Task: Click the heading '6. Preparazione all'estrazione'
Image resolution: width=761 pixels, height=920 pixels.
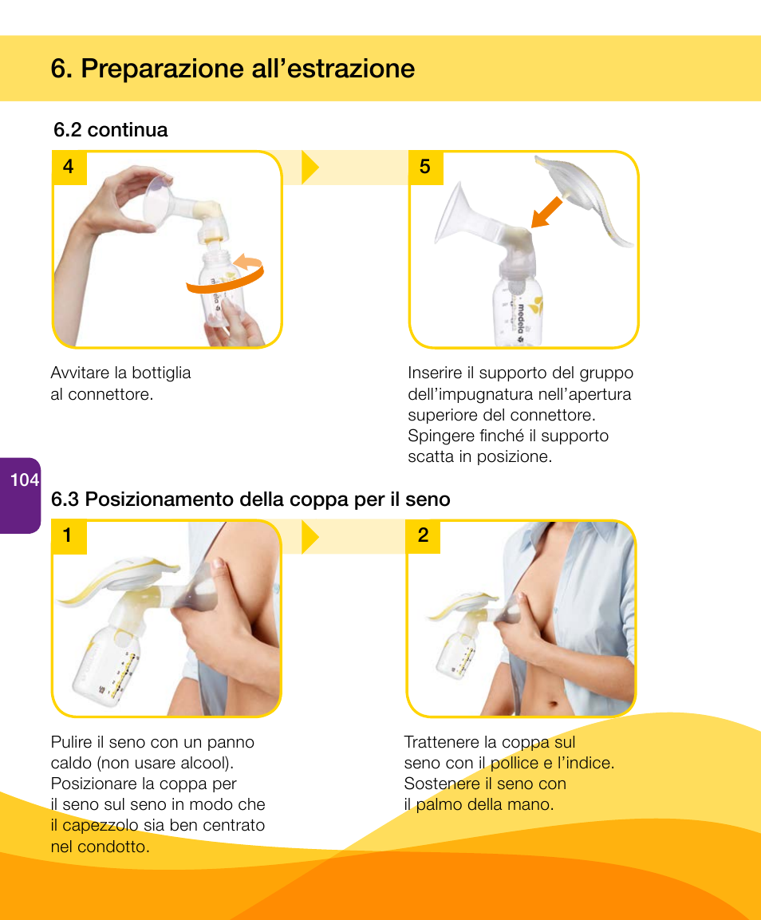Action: [232, 69]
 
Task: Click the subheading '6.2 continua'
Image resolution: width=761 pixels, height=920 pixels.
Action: [110, 130]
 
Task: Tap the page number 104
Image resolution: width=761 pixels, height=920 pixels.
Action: [25, 480]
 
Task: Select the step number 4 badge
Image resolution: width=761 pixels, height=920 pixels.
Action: [69, 167]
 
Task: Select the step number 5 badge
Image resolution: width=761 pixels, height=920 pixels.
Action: [424, 167]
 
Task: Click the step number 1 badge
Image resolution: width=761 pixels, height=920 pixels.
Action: [68, 535]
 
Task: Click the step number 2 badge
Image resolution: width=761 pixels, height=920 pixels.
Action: [423, 535]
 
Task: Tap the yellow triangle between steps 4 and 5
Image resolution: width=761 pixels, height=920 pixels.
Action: [310, 167]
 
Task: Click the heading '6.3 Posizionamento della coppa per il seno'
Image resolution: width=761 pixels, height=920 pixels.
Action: [250, 499]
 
